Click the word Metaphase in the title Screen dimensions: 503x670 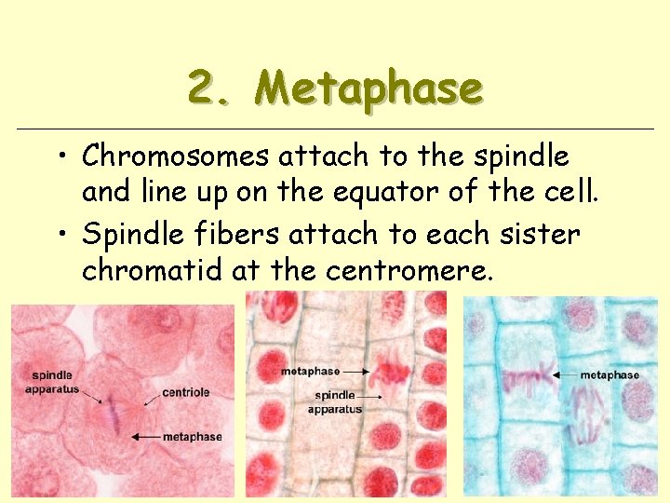(369, 88)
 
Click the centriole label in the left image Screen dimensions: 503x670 (185, 392)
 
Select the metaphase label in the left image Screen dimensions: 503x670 (193, 436)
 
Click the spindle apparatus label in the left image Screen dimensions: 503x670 (52, 382)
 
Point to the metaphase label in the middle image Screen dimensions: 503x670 (310, 371)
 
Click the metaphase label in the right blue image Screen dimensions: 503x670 (610, 374)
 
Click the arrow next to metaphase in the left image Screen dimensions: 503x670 (145, 436)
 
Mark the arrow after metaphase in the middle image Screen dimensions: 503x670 (356, 371)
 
